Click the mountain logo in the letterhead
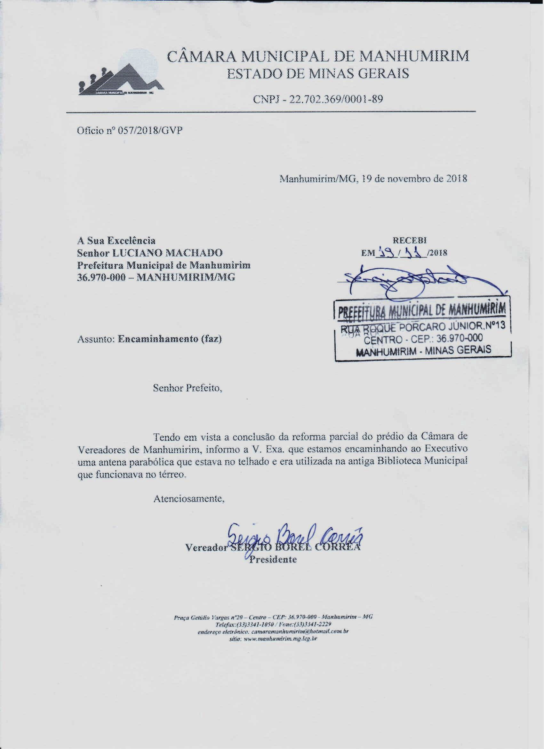tap(121, 79)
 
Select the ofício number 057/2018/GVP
tap(149, 131)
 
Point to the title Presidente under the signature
tap(273, 559)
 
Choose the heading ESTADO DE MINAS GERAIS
tap(318, 73)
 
